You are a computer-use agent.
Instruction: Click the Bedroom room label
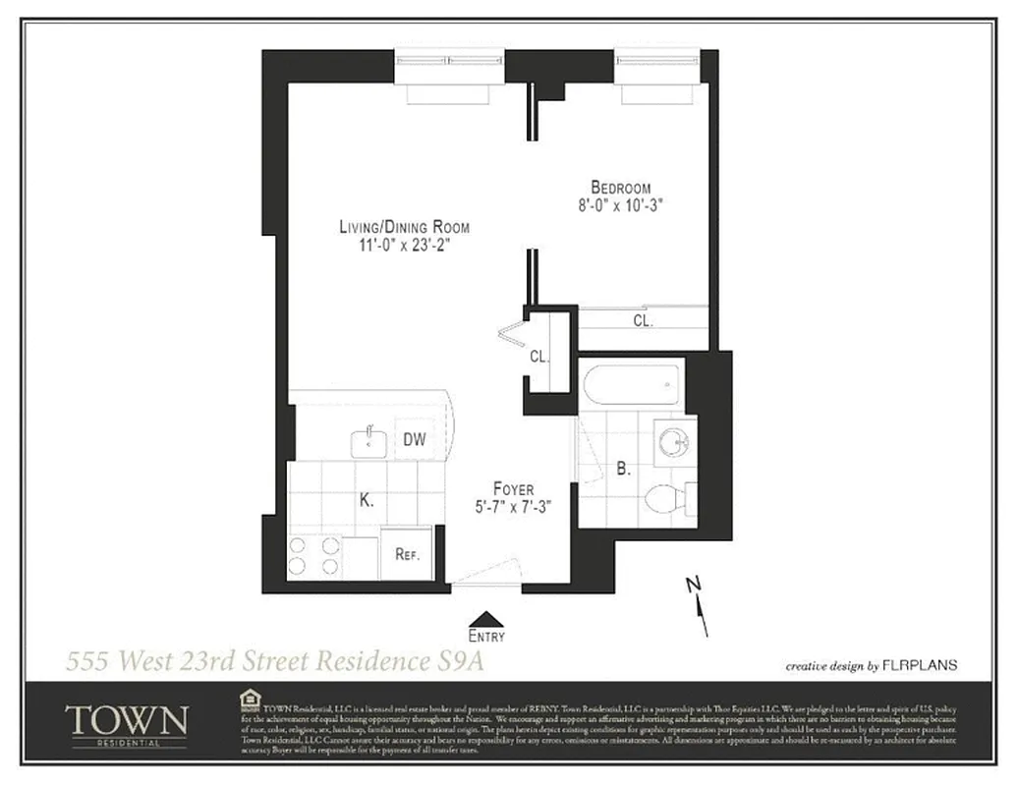click(x=620, y=188)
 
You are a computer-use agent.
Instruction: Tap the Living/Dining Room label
click(x=404, y=227)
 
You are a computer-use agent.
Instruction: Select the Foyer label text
click(x=514, y=489)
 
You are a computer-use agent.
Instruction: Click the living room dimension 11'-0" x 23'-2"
click(x=404, y=246)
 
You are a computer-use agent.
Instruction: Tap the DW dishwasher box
click(x=415, y=439)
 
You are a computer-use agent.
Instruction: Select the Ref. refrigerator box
click(x=408, y=554)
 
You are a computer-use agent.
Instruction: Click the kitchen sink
click(x=368, y=442)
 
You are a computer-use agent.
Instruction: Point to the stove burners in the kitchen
click(x=313, y=557)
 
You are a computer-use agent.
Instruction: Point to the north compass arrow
click(x=699, y=598)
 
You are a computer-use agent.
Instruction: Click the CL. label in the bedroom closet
click(x=642, y=320)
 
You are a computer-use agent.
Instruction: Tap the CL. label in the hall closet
click(x=538, y=357)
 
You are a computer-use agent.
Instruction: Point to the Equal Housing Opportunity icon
click(x=249, y=700)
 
